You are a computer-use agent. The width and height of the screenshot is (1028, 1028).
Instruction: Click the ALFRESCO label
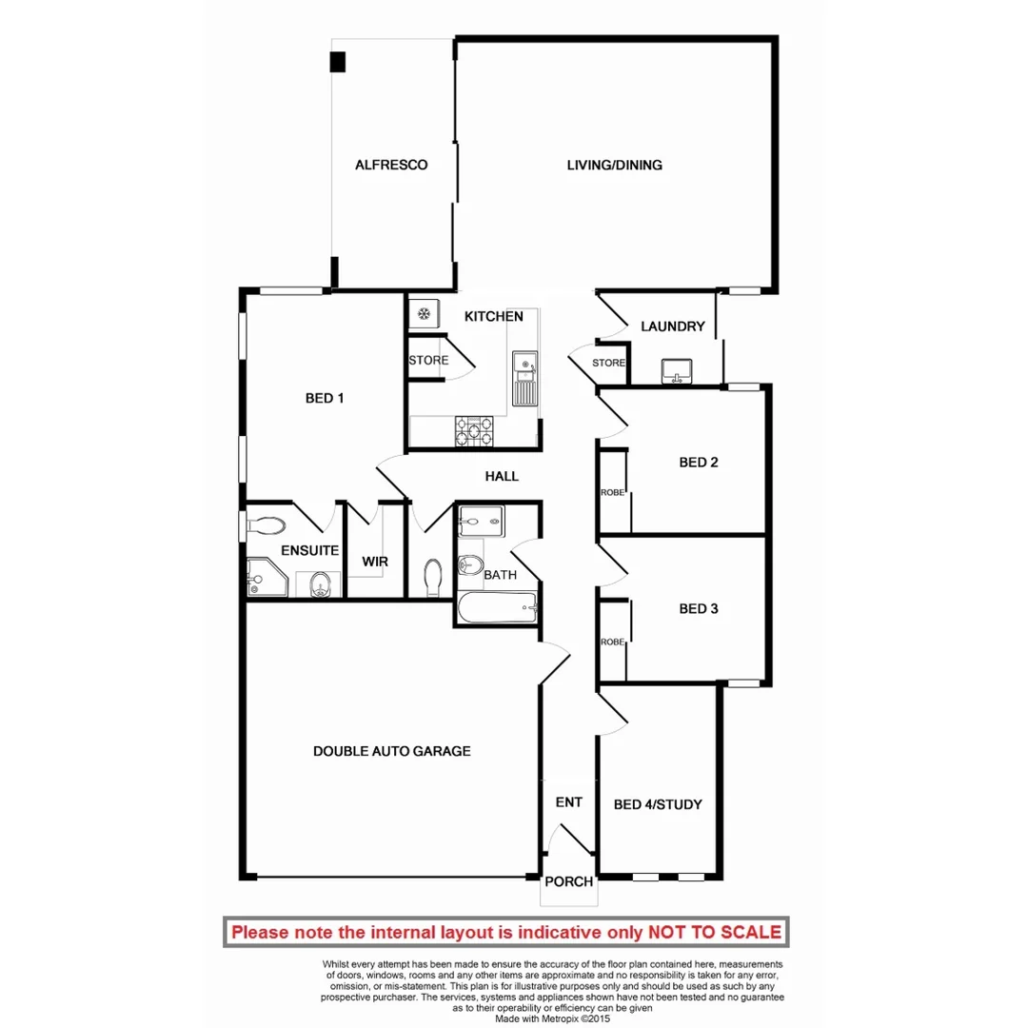391,165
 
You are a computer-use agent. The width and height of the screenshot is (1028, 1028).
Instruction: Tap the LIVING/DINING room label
614,165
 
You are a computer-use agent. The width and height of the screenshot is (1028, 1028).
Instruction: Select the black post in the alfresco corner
338,62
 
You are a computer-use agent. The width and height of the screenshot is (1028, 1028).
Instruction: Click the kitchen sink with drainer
524,378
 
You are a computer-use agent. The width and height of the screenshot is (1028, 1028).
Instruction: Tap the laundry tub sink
677,370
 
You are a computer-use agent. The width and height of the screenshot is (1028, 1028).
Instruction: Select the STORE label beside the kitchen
428,361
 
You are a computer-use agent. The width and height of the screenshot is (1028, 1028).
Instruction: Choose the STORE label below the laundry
609,363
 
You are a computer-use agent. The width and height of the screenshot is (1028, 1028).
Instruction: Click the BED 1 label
325,399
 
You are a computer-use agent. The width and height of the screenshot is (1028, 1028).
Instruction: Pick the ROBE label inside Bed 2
611,492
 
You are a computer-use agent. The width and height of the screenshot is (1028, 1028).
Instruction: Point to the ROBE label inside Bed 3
611,642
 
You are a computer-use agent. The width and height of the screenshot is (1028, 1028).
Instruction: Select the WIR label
375,562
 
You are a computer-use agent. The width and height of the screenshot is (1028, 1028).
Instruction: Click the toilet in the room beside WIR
433,576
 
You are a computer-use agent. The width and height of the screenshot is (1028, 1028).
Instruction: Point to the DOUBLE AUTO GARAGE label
392,751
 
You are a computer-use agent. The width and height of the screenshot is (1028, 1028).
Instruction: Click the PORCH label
568,881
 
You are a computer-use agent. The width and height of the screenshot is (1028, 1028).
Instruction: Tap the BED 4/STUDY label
659,804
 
